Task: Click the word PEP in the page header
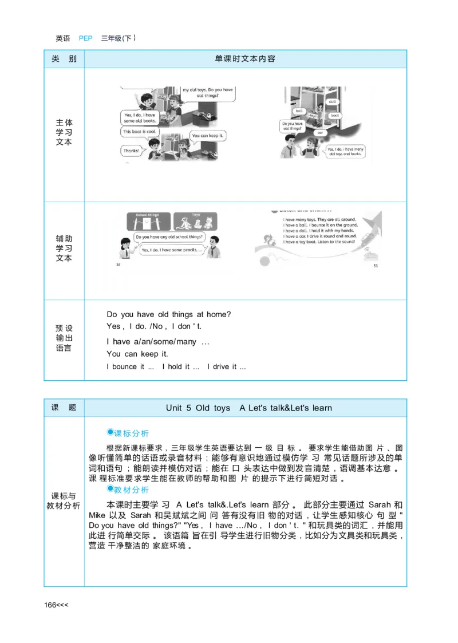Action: point(85,39)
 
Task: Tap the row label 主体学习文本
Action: point(64,132)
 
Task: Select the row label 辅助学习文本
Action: point(64,248)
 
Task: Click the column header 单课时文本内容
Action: point(245,59)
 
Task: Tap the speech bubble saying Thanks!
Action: point(131,151)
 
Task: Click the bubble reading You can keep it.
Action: point(208,136)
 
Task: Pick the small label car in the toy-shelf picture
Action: point(320,132)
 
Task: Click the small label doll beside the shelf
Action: point(333,101)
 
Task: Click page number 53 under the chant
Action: point(376,266)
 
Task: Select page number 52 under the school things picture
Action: point(119,265)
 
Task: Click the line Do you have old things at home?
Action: point(169,314)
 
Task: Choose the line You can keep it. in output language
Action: point(137,354)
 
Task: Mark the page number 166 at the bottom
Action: point(52,605)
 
